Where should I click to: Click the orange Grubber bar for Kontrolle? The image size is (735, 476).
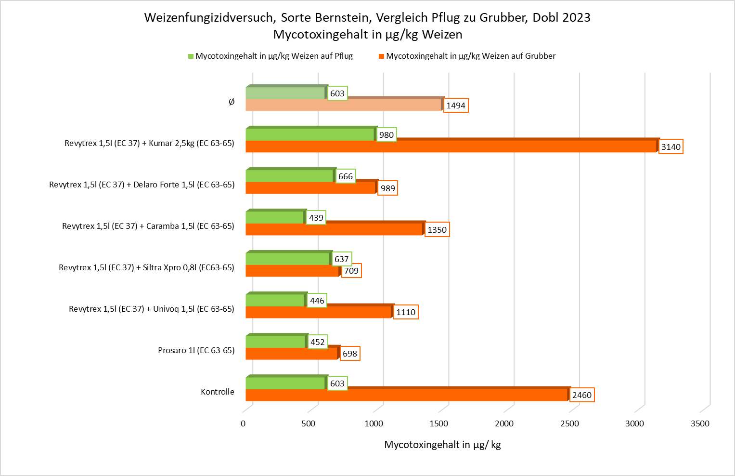click(x=407, y=395)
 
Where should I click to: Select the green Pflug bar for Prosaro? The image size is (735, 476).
click(x=276, y=342)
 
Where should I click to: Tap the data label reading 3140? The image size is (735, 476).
click(x=671, y=147)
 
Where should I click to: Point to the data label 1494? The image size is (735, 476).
click(x=455, y=106)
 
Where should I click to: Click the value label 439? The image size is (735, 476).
click(x=316, y=218)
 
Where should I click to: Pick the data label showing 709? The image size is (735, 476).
click(x=351, y=271)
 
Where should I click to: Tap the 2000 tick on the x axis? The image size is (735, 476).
click(x=504, y=423)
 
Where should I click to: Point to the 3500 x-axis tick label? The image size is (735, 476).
click(x=700, y=423)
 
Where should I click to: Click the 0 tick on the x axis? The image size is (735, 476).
click(x=243, y=423)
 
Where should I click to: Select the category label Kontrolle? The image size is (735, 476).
click(x=218, y=392)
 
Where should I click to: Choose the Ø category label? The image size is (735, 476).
click(x=232, y=102)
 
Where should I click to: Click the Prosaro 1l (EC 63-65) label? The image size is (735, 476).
click(x=196, y=350)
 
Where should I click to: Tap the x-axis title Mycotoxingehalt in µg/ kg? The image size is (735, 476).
click(x=442, y=445)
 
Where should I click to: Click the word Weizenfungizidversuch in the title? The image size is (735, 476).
click(x=209, y=17)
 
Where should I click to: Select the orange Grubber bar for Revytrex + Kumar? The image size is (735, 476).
click(x=451, y=146)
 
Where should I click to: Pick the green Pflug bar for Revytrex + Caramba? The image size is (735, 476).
click(x=275, y=218)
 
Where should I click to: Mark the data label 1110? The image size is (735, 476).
click(x=405, y=312)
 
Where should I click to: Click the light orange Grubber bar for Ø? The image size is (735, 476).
click(x=343, y=105)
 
